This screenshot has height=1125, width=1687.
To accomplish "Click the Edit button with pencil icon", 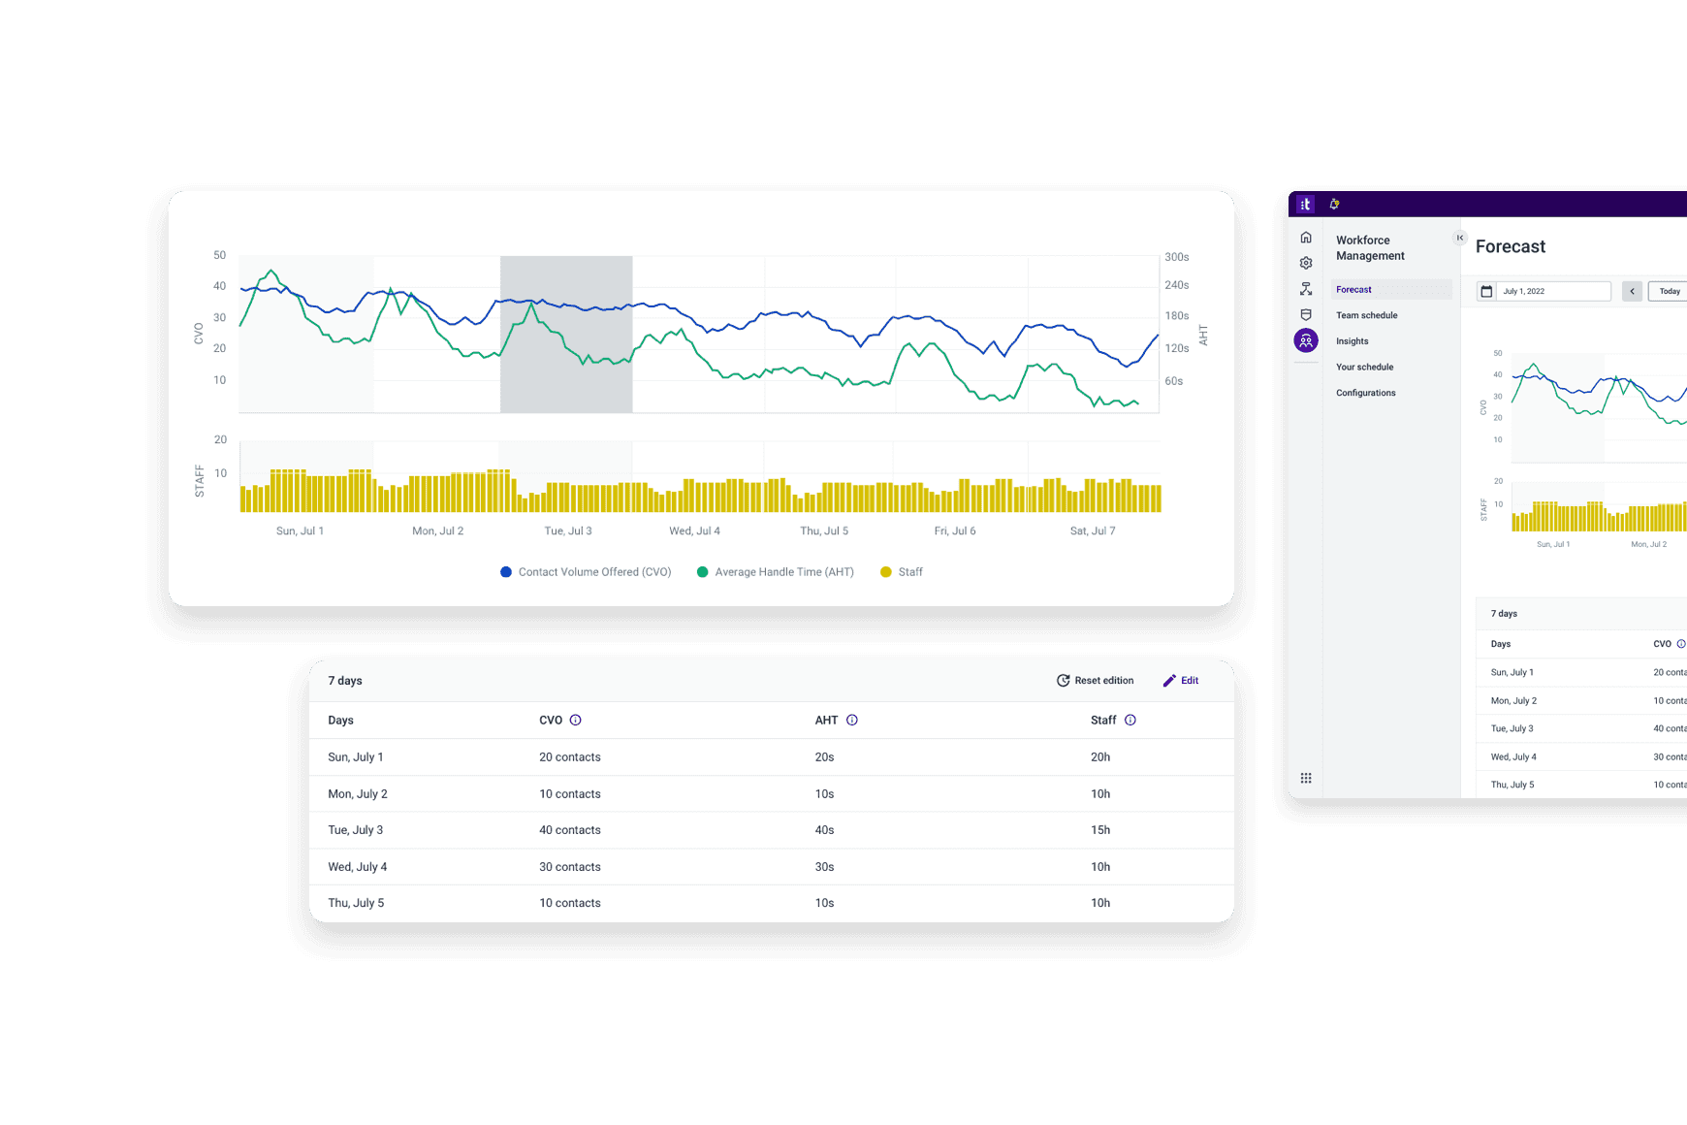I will (1181, 681).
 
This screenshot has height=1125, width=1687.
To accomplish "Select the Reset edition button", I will (1095, 681).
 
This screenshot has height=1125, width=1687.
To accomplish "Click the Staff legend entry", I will (901, 572).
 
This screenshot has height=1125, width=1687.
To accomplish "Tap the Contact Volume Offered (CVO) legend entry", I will (586, 572).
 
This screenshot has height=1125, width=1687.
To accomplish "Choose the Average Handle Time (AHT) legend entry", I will (775, 572).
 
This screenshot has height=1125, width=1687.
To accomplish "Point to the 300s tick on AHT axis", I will (1176, 257).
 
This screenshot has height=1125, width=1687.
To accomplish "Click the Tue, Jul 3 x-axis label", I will (568, 531).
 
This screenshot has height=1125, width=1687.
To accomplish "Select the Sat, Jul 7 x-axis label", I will (1093, 531).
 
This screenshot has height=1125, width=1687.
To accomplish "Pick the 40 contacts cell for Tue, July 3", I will (570, 830).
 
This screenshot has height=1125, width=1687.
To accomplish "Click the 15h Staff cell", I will (1100, 830).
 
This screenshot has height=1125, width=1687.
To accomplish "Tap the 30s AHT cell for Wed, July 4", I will (824, 867).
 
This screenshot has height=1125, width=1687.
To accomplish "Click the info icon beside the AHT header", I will (852, 721).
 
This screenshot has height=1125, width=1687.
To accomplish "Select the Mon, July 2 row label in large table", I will (358, 794).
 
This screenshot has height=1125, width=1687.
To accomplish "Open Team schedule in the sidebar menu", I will (1367, 315).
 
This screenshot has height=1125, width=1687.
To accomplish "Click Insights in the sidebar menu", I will (1353, 341).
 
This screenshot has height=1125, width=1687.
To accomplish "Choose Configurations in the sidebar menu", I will (1366, 393).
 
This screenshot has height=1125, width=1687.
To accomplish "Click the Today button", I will (1670, 291).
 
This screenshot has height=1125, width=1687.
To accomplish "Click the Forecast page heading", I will (1511, 247).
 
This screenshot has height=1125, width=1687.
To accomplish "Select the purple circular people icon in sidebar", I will (1306, 340).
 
